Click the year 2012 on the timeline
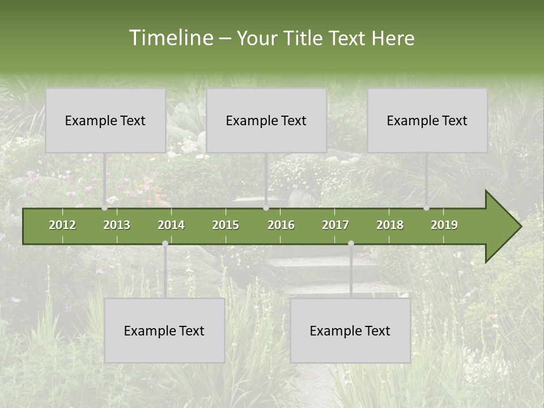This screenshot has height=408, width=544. tap(62, 225)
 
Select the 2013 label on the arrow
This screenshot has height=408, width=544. tap(117, 225)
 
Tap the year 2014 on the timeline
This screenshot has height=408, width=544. tap(171, 225)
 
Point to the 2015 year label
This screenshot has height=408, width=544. tap(226, 225)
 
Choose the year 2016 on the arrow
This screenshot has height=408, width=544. tap(281, 225)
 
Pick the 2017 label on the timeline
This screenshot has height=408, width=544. tap(335, 225)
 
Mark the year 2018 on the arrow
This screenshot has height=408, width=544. tap(390, 225)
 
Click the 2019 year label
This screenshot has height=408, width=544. tap(444, 225)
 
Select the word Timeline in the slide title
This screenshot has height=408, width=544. tap(170, 38)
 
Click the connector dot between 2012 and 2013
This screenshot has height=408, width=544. tap(105, 208)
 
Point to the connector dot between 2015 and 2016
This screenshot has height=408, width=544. tap(266, 208)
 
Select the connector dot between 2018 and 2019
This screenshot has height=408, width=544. tap(427, 208)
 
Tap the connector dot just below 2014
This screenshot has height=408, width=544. tap(165, 244)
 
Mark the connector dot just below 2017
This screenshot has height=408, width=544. tap(351, 244)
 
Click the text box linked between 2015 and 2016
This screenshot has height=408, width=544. tap(266, 120)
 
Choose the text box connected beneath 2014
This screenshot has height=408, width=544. tap(164, 330)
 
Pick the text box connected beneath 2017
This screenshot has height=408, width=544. tap(350, 330)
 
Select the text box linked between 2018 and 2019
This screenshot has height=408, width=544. tap(427, 120)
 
